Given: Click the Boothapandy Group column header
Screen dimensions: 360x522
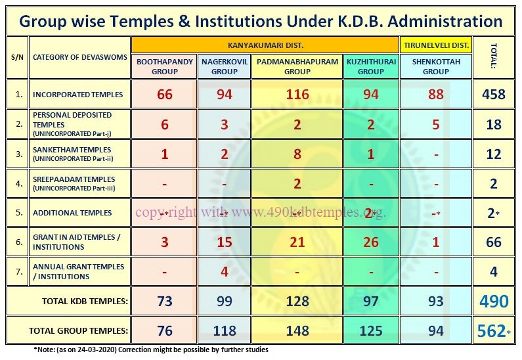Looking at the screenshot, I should coord(165,66).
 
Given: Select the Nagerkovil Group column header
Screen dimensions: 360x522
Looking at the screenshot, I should coord(224,66).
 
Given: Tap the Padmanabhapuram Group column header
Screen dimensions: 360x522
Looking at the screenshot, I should coord(297,66).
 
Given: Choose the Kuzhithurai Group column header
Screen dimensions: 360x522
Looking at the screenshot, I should coord(370,66).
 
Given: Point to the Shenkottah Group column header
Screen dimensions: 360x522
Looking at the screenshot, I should coord(436,66).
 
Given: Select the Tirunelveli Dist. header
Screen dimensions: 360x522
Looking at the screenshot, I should coord(435,45).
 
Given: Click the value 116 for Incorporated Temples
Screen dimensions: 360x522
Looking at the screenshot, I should coord(297,95).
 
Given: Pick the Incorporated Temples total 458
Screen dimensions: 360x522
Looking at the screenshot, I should coord(494,95).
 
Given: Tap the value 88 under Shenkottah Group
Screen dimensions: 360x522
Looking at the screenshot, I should coord(436,95).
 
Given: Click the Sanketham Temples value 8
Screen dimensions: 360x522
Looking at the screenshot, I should coord(297,154).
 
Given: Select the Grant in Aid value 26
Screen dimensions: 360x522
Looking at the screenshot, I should coord(371,242).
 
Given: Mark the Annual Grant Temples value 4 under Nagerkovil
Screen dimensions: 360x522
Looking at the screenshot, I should coord(225,271).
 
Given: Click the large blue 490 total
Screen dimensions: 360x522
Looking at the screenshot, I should coord(494,302).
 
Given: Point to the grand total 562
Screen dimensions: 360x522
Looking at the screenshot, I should coord(492,330).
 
